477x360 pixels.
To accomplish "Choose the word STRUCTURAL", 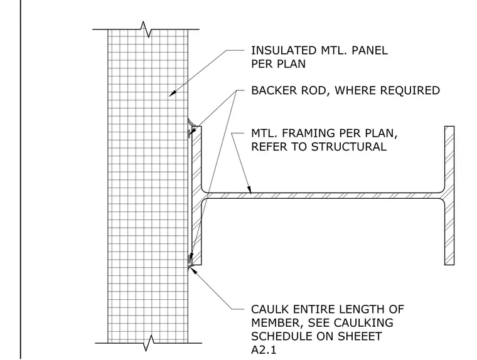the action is pos(349,147).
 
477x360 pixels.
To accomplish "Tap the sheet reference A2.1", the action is pos(264,350).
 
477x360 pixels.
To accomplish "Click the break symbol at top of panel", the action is pos(146,29).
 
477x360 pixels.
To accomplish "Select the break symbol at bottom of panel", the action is pos(149,343).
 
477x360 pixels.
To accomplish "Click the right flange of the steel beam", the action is pos(449,196).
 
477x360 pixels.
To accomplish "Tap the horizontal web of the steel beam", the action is pos(323,196).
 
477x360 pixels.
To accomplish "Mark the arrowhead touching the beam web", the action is pos(249,189).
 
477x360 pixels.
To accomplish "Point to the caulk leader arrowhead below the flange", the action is pos(192,269).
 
